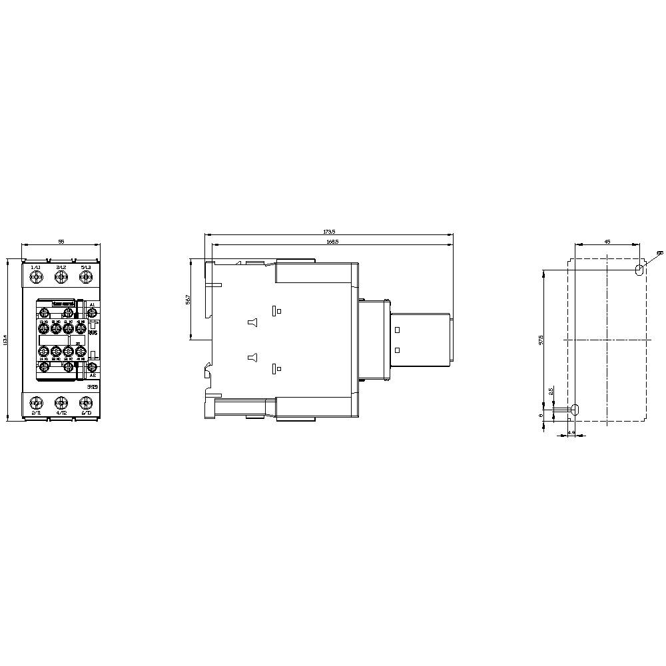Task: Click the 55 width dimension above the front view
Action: (61, 242)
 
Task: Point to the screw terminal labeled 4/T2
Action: (61, 402)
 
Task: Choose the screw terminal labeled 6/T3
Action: (85, 402)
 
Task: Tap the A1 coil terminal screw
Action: (93, 312)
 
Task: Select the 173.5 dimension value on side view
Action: (329, 232)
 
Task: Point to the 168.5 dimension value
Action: (332, 242)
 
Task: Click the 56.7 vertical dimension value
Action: (188, 300)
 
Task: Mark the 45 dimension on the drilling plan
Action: (607, 242)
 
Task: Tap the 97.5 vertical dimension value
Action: (541, 340)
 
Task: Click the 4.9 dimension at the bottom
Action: (571, 434)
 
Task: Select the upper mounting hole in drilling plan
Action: (639, 270)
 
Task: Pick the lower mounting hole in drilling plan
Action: (575, 410)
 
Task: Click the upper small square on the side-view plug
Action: (397, 330)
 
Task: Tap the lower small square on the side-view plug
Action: (397, 350)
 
